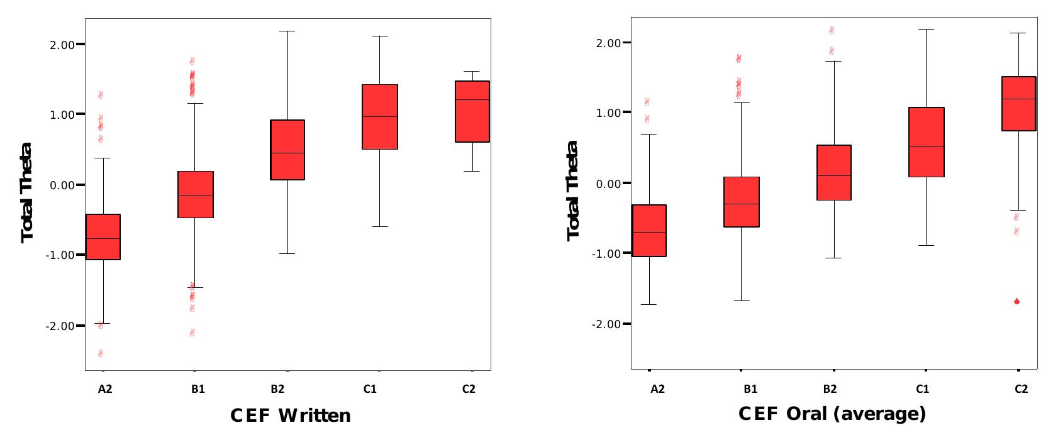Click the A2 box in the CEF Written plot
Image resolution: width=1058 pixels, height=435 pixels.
(103, 237)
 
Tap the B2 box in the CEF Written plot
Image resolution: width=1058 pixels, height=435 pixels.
(287, 150)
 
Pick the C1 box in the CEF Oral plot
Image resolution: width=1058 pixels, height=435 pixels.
(927, 142)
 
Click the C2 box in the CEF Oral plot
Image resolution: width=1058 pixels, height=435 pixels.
(1018, 104)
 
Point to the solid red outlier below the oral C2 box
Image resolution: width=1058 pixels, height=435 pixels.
(1016, 302)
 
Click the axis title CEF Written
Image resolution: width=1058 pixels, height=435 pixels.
(290, 416)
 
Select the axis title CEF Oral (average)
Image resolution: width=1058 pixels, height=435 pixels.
(832, 414)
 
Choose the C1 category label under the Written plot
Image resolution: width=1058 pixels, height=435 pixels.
(370, 389)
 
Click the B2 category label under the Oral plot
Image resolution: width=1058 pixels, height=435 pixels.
(830, 389)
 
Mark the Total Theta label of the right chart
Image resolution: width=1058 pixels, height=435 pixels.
(573, 190)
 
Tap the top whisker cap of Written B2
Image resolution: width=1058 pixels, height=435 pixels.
(287, 31)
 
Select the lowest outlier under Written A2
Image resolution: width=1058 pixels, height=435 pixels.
(100, 353)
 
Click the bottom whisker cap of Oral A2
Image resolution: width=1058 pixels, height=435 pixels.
(649, 304)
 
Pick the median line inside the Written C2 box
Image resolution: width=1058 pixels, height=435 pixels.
(472, 100)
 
